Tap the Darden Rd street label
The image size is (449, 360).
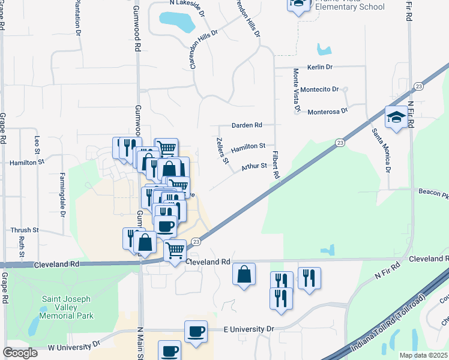pyautogui.click(x=247, y=125)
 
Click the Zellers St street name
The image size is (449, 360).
pyautogui.click(x=222, y=150)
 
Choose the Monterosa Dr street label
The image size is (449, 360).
pyautogui.click(x=328, y=112)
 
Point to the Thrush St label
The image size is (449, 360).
pyautogui.click(x=24, y=230)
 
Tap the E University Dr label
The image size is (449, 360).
pyautogui.click(x=249, y=329)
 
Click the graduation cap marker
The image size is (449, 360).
pyautogui.click(x=396, y=117)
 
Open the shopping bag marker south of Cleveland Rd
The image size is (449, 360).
pyautogui.click(x=244, y=275)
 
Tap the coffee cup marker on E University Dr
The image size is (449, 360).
pyautogui.click(x=196, y=332)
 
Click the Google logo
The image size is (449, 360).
pyautogui.click(x=20, y=353)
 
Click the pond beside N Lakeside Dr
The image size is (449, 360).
pyautogui.click(x=178, y=22)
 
